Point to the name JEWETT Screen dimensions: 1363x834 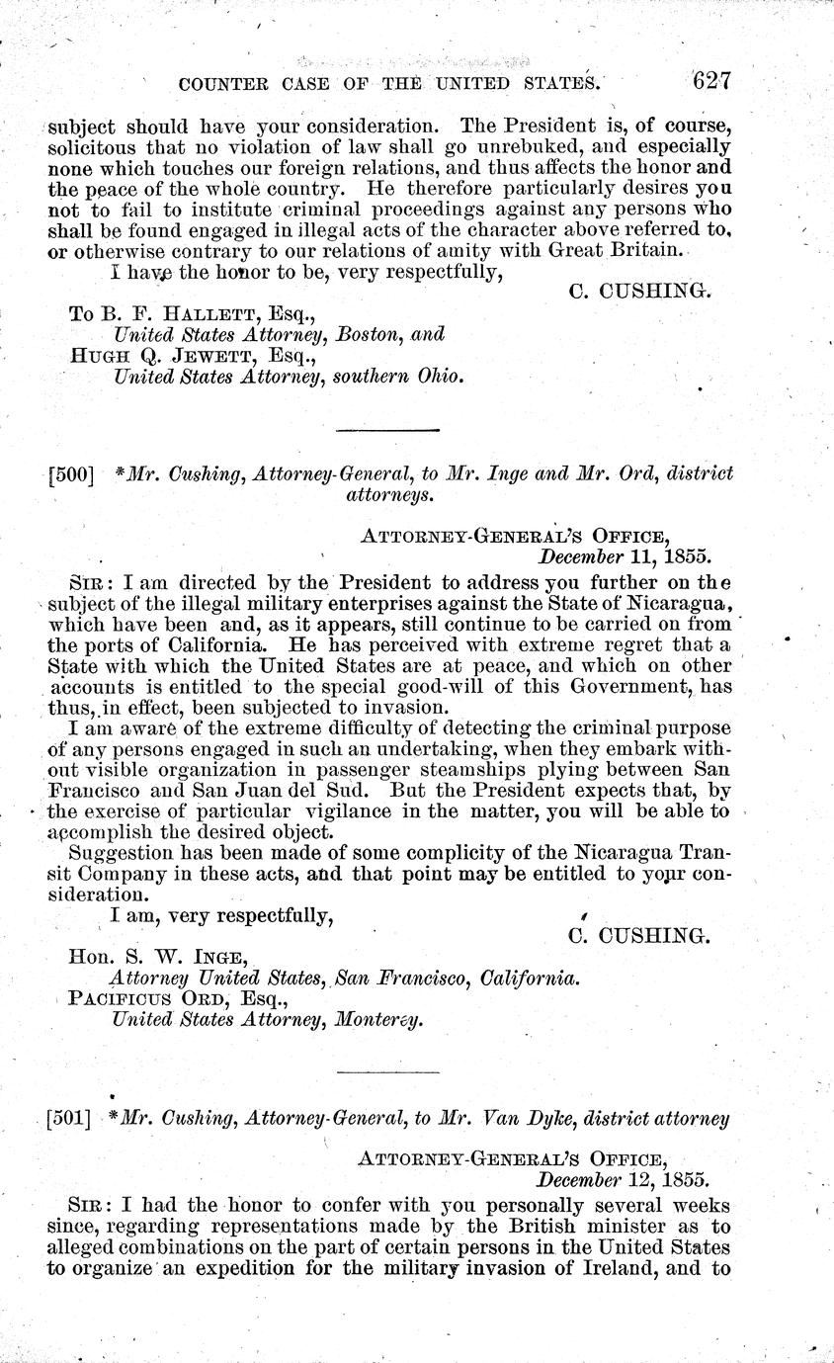pyautogui.click(x=213, y=357)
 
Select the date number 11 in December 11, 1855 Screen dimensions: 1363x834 pyautogui.click(x=641, y=556)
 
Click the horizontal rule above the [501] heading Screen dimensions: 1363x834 pyautogui.click(x=388, y=1072)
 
